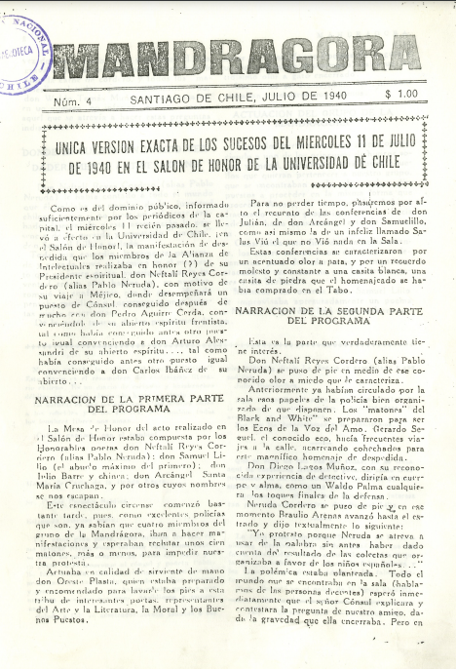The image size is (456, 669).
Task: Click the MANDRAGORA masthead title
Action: click(x=238, y=57)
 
